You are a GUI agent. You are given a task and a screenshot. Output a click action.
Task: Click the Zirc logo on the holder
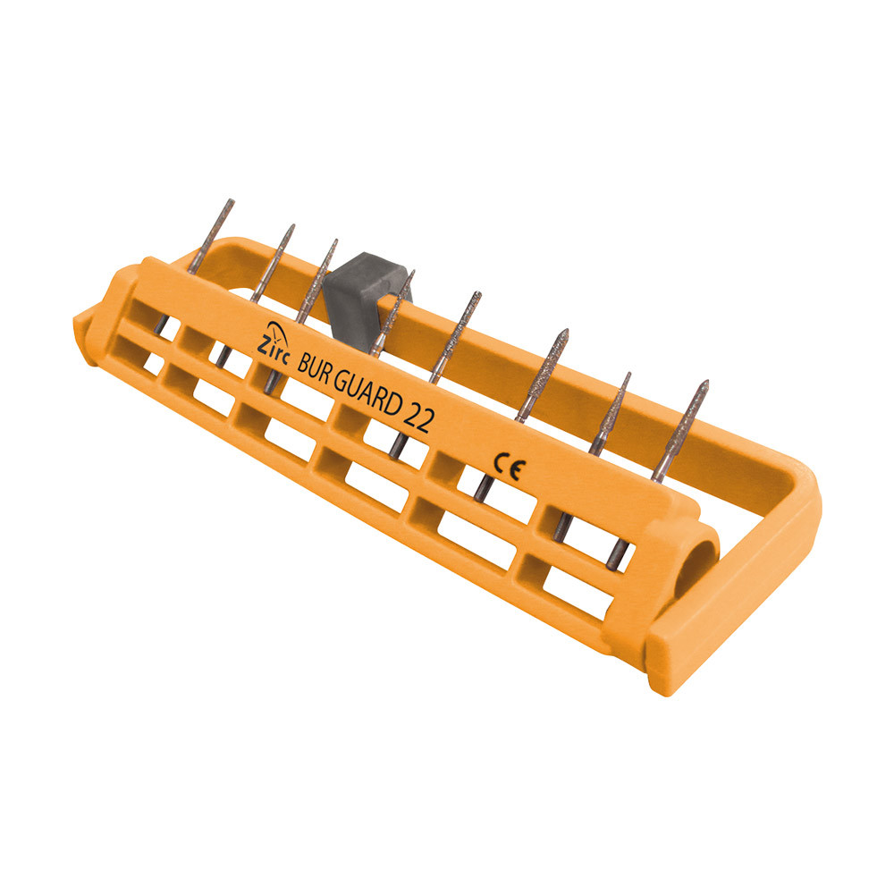(273, 342)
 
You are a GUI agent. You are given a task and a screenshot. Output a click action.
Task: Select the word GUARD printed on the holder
(367, 394)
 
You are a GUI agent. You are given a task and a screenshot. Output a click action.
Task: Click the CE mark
(507, 467)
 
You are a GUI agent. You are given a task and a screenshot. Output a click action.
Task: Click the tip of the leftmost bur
(232, 200)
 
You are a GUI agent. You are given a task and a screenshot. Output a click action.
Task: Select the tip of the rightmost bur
(706, 382)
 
